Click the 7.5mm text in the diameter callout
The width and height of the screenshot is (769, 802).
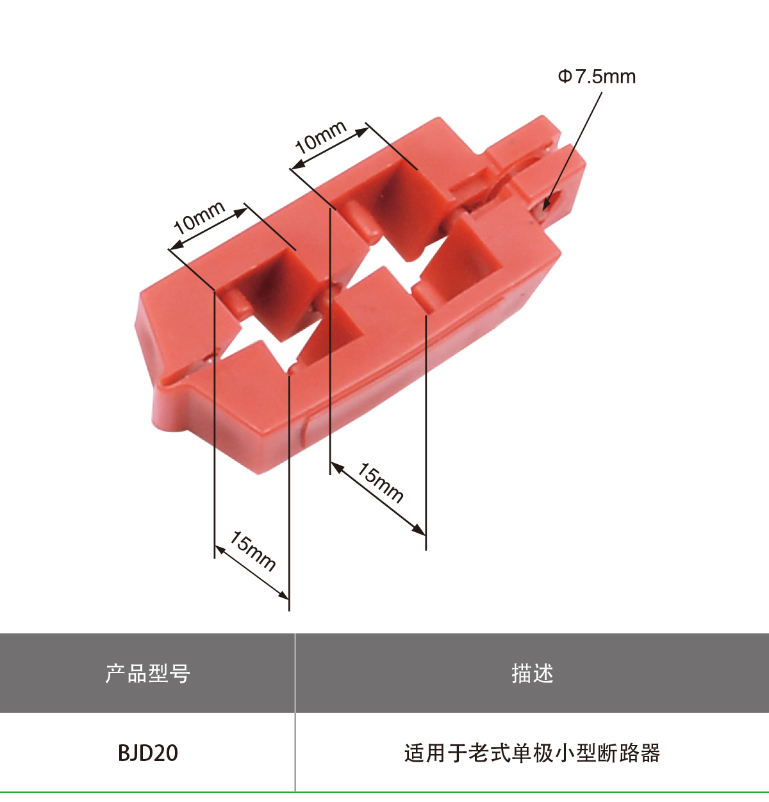605,77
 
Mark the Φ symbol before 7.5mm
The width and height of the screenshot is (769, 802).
564,77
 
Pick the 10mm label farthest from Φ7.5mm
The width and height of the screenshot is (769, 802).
199,217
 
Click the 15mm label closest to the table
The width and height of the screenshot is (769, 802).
252,551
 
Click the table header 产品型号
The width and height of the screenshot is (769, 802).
147,674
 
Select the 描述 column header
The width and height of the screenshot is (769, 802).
532,674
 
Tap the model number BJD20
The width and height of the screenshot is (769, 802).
147,753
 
